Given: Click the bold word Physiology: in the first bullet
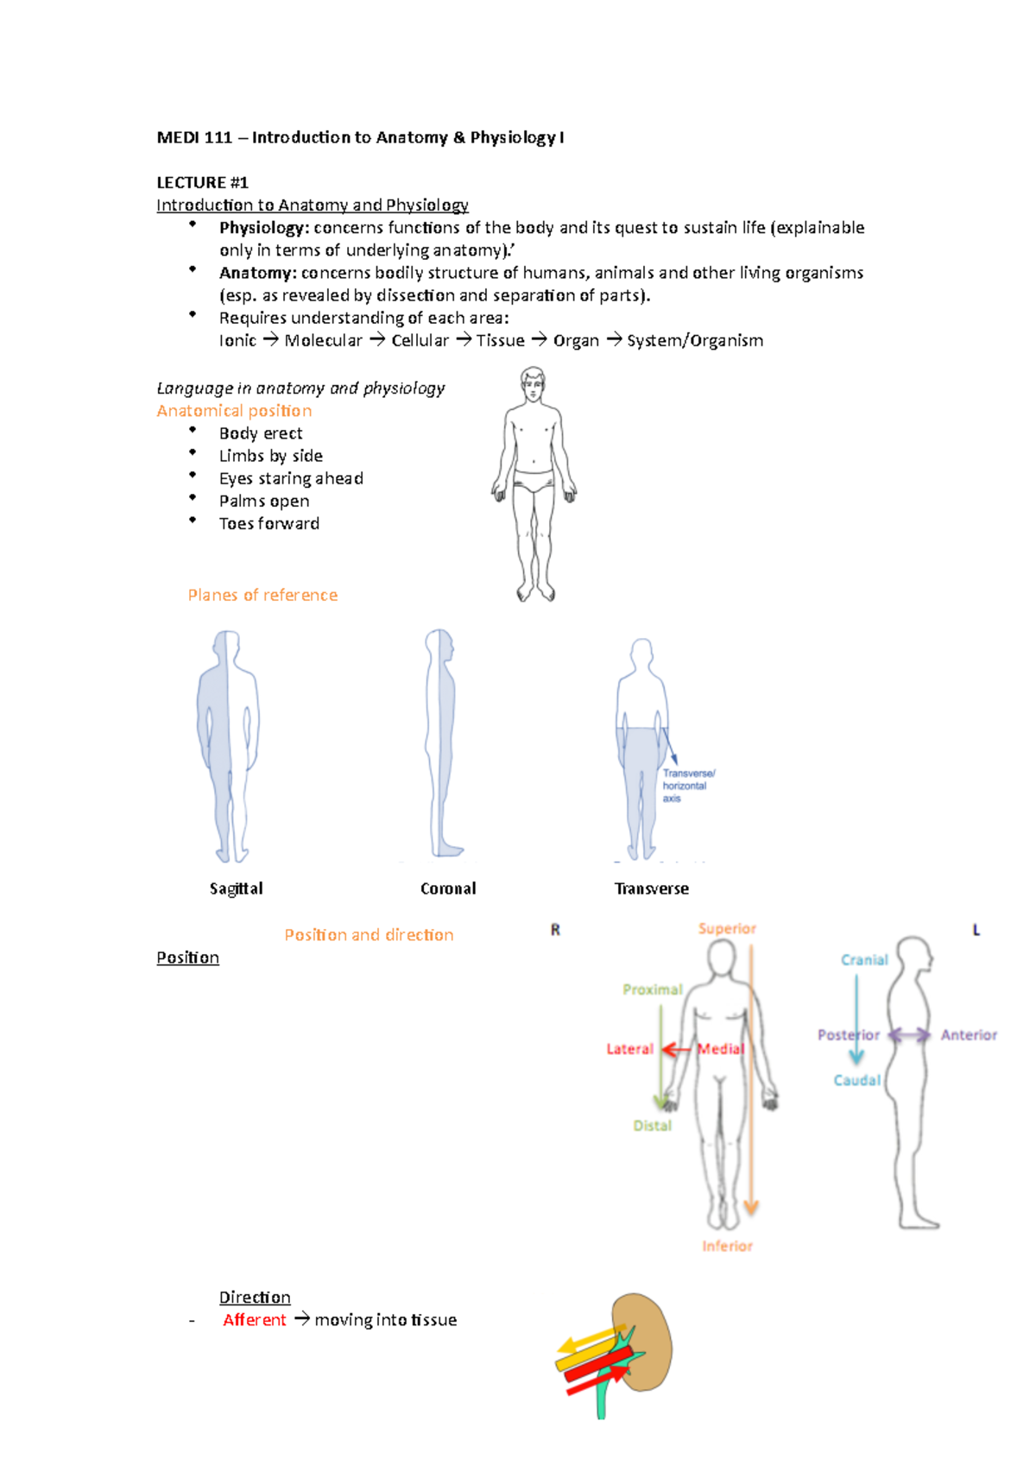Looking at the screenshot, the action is [263, 228].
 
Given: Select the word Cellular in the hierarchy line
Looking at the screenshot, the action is [420, 341].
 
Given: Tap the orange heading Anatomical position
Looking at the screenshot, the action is [234, 411].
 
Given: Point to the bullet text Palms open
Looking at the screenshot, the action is [263, 502].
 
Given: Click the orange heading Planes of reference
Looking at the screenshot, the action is [262, 595].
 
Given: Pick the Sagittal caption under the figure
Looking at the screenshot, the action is [236, 888].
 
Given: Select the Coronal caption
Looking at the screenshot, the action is [448, 888].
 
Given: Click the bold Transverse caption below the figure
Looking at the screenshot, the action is [651, 888].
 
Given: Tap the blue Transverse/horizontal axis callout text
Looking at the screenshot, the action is [688, 786].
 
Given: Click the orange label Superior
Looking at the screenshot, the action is [727, 929].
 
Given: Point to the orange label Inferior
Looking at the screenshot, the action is [727, 1246].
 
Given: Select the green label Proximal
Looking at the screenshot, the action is [652, 989].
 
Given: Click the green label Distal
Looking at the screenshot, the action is [652, 1126].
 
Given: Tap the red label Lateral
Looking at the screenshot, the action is [629, 1049].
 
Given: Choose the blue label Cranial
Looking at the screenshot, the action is [864, 960].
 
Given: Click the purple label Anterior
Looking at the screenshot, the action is [969, 1035].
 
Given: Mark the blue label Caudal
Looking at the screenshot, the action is [856, 1080].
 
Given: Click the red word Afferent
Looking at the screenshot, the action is [254, 1320].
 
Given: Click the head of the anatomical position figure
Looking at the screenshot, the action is [533, 382].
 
